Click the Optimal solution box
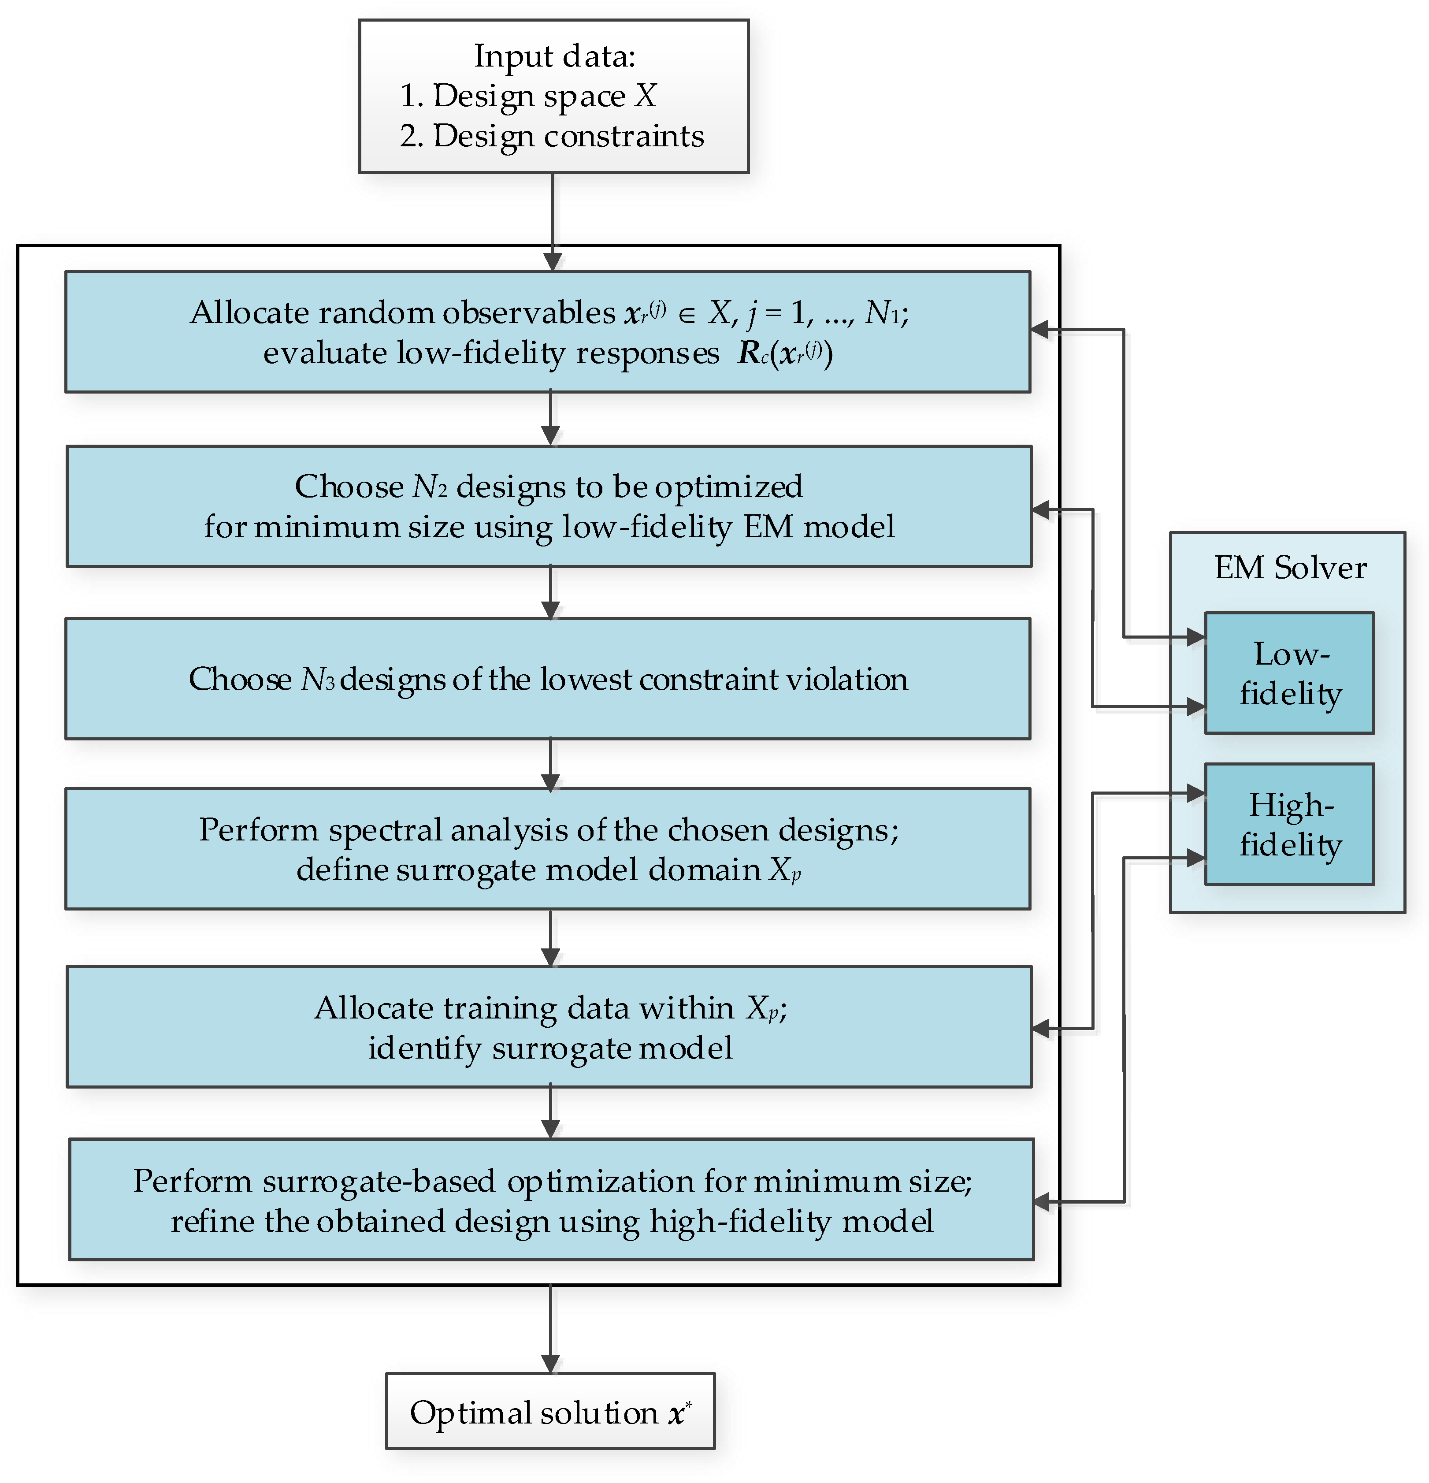coord(550,1411)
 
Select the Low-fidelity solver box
coord(1288,673)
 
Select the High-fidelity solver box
coord(1288,824)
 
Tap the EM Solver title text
coord(1290,568)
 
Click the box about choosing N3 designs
coord(548,679)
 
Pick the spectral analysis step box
coord(548,849)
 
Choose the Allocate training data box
coord(549,1027)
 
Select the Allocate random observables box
coord(548,332)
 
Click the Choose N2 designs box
coord(549,506)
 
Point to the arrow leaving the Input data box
coord(553,219)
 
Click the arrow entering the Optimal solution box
coord(551,1328)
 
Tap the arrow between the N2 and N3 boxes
coord(551,592)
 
